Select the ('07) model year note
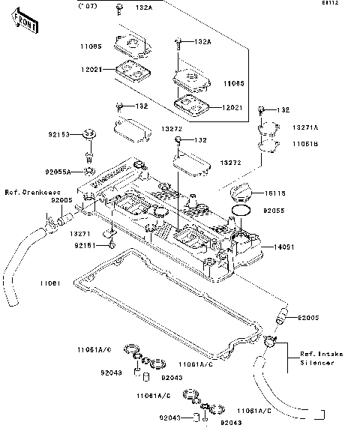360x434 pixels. (88, 7)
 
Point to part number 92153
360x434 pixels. (60, 135)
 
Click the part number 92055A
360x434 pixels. (57, 172)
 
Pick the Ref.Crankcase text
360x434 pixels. (32, 193)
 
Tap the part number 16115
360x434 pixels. (272, 193)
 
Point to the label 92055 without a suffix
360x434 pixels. (272, 212)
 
